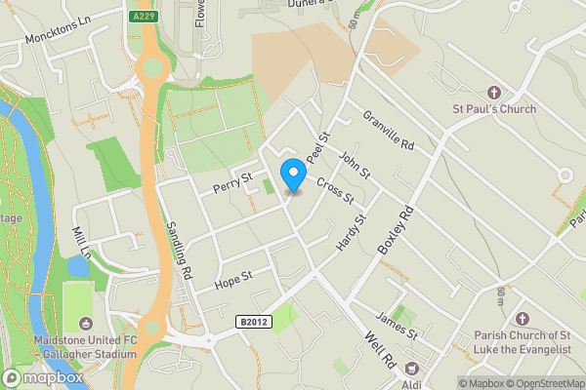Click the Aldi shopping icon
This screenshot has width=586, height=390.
click(412, 369)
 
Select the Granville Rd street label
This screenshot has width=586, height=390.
click(389, 130)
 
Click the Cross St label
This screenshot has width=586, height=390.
click(334, 188)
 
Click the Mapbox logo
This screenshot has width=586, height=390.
click(41, 377)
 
